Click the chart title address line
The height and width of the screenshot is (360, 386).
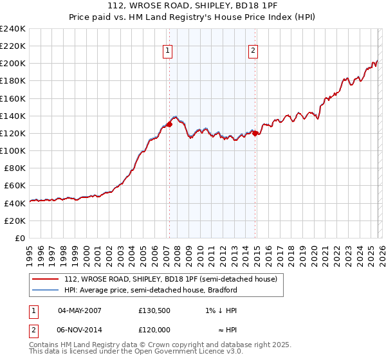(x=192, y=7)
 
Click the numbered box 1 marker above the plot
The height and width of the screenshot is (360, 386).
(x=167, y=51)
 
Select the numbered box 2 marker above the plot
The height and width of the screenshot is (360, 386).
(x=253, y=51)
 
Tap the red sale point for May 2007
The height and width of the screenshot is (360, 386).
(x=169, y=123)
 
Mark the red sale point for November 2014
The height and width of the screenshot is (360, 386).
(x=255, y=133)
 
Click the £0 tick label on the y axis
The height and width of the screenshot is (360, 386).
(x=19, y=238)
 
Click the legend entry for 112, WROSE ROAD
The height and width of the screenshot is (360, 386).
(x=170, y=280)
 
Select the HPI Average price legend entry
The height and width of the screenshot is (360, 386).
(x=151, y=290)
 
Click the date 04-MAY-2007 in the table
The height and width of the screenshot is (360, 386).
(x=79, y=310)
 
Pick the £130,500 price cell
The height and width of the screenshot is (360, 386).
(x=154, y=310)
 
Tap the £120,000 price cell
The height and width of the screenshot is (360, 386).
(x=154, y=329)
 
